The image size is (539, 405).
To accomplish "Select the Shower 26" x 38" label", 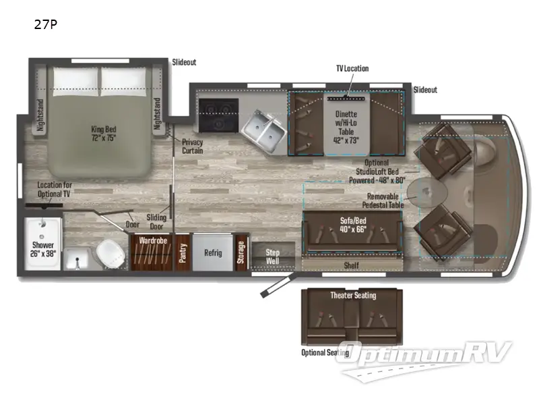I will (41, 248).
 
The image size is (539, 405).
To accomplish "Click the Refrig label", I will (213, 253).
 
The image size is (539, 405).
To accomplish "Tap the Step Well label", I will (272, 256).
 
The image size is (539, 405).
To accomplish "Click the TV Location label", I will (353, 69).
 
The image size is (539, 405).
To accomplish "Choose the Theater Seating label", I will (352, 295).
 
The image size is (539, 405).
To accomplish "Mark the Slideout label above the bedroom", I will (184, 62).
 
